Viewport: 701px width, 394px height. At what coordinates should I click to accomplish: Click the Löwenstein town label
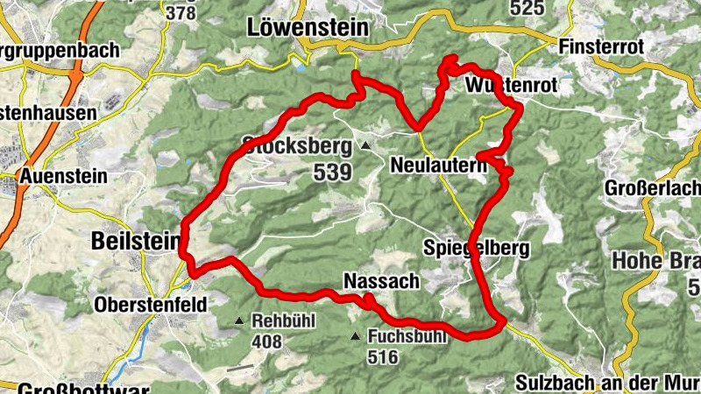308,27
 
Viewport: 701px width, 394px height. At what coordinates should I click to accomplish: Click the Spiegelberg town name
476,249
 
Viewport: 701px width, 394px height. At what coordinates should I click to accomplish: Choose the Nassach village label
382,281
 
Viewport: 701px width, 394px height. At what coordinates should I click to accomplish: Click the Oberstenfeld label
152,305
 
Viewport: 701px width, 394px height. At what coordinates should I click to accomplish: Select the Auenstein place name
65,176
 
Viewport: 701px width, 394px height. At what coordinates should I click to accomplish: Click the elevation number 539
331,172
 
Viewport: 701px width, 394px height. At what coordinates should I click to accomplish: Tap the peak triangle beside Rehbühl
239,321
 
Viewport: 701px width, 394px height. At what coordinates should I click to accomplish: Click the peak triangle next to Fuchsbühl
355,336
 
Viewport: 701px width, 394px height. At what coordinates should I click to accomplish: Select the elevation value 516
383,357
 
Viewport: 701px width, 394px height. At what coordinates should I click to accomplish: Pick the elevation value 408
266,341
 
